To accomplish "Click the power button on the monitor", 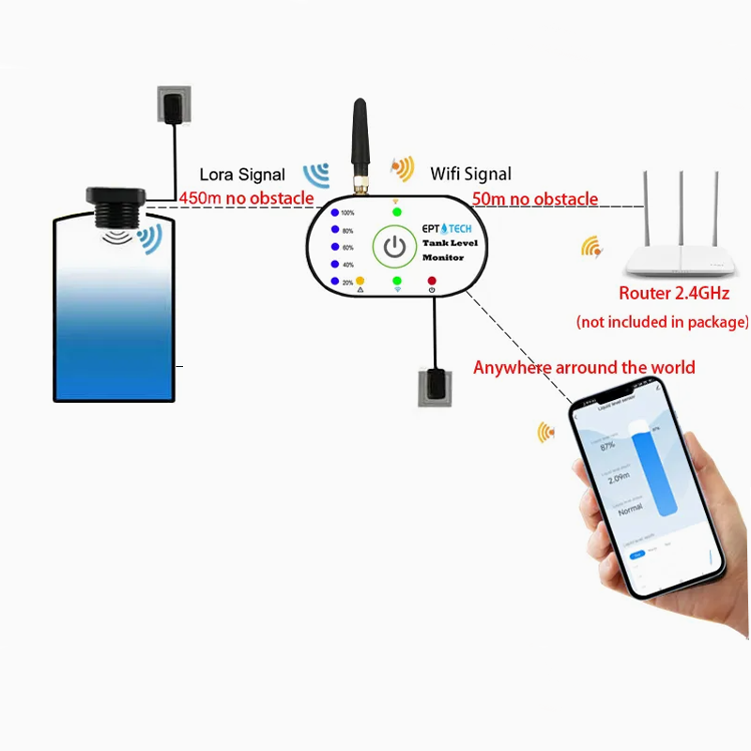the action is pyautogui.click(x=395, y=247).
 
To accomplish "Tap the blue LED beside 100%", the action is pyautogui.click(x=333, y=213).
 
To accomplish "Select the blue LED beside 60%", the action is pyautogui.click(x=333, y=247).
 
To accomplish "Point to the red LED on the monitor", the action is pyautogui.click(x=432, y=281).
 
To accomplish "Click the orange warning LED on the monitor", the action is pyautogui.click(x=360, y=281).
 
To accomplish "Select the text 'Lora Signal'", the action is pyautogui.click(x=242, y=175).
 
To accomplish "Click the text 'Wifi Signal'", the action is pyautogui.click(x=471, y=174).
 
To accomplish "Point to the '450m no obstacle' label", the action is pyautogui.click(x=246, y=198).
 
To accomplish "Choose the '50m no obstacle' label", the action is pyautogui.click(x=534, y=199).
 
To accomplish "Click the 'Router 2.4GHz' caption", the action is pyautogui.click(x=674, y=294).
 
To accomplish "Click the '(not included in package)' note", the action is pyautogui.click(x=663, y=322).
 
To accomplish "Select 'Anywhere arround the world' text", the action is pyautogui.click(x=584, y=367).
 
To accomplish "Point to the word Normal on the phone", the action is pyautogui.click(x=630, y=507).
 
